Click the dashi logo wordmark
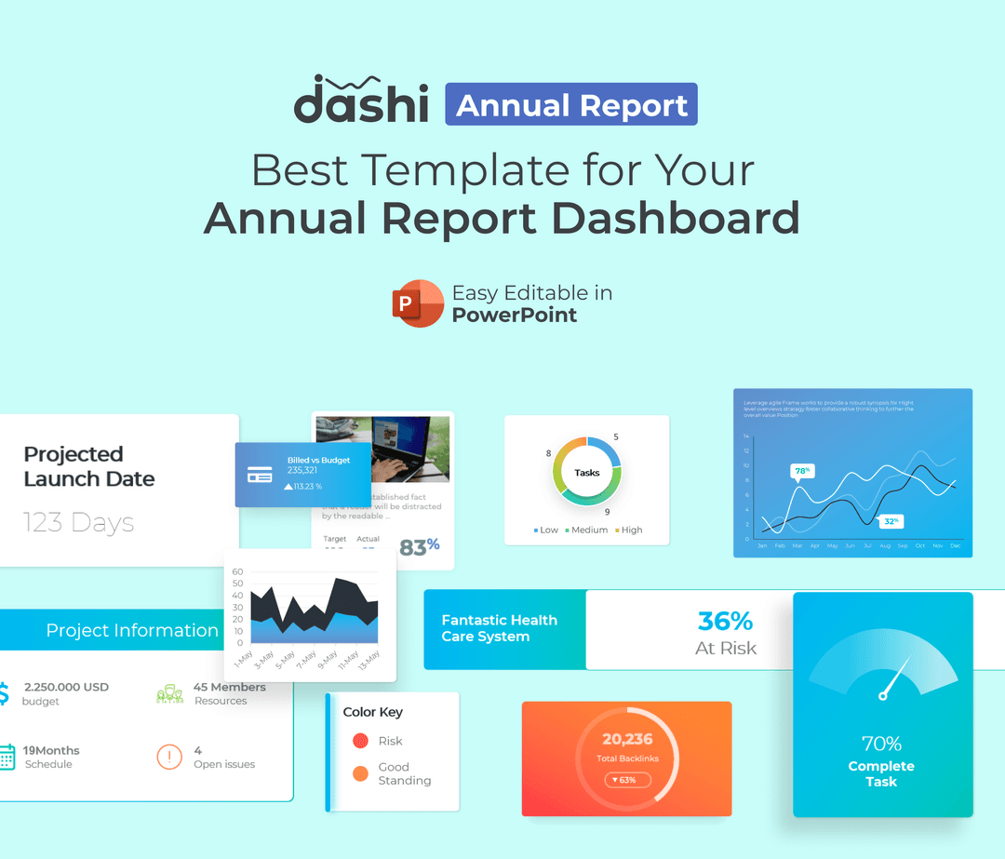click(x=361, y=101)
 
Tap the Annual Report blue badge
click(x=571, y=105)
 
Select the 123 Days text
click(x=78, y=523)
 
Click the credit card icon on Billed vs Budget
click(x=260, y=475)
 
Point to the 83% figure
click(x=419, y=547)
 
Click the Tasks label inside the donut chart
click(x=587, y=473)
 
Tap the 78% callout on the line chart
click(x=801, y=471)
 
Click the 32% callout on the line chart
click(x=891, y=521)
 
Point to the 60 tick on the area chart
click(x=237, y=572)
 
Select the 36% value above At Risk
click(x=725, y=621)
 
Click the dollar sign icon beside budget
click(x=4, y=693)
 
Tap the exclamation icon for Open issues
click(x=169, y=757)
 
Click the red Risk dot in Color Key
click(x=360, y=741)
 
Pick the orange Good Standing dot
click(x=360, y=773)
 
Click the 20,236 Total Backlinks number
click(x=627, y=739)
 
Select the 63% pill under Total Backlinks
click(x=626, y=780)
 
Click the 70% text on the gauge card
click(x=881, y=744)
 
